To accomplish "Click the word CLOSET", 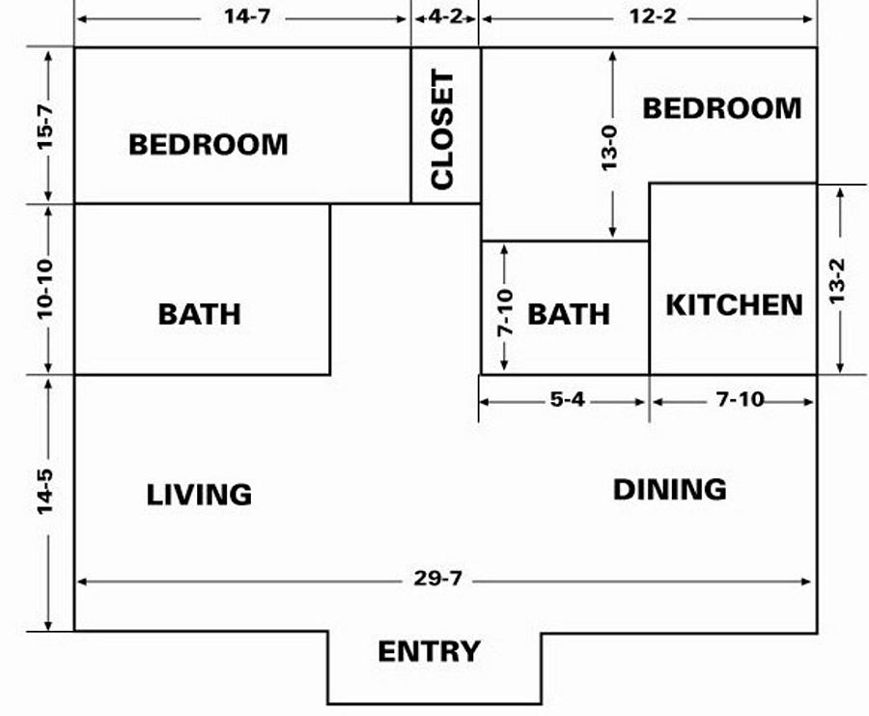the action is [442, 129].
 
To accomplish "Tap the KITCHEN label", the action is [735, 304].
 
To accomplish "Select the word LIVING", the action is [199, 495].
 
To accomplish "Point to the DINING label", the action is [669, 489].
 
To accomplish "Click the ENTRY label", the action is [429, 651].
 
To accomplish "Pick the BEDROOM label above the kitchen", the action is [722, 108].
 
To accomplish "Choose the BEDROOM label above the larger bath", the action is [209, 145].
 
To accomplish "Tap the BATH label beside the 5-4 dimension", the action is [569, 314].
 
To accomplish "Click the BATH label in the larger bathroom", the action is [200, 314].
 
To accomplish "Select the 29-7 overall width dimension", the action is [437, 579].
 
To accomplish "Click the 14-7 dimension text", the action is [247, 16].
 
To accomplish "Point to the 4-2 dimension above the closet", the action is [445, 16].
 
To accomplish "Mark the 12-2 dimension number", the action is [653, 16].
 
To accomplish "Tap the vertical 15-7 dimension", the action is [44, 126].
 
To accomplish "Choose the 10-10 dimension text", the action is [44, 289].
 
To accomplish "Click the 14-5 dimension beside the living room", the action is [44, 492].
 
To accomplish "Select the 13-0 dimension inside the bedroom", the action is [608, 148].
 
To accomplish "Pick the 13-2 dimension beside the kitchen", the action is [837, 280].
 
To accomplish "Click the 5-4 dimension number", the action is [568, 399].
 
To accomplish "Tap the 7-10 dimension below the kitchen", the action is [741, 399].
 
